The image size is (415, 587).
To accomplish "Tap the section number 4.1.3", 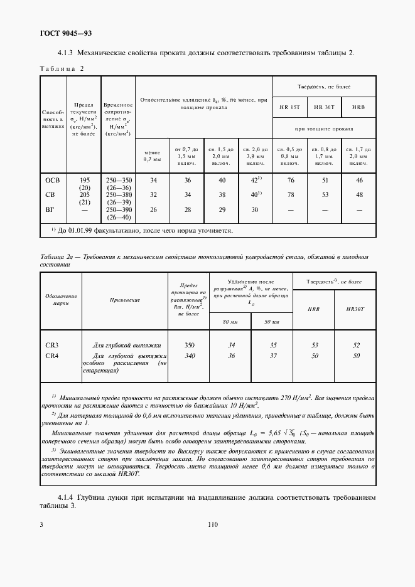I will pos(68,53).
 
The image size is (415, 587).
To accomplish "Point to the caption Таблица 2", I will pos(62,68).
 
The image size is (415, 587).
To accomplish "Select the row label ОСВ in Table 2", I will pos(52,180).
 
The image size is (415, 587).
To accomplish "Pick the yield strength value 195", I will pos(84,180).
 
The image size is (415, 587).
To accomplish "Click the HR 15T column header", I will pos(289,107).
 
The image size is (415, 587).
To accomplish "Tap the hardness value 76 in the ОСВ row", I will pos(289,180).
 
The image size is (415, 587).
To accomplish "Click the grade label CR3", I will pos(53,345).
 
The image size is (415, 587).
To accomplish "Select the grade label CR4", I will pos(53,356).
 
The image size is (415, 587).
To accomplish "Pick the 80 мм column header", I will pos(230,322).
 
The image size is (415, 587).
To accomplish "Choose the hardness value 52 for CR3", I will pos(357,345).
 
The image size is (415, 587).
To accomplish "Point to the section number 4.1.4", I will pos(68,499).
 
